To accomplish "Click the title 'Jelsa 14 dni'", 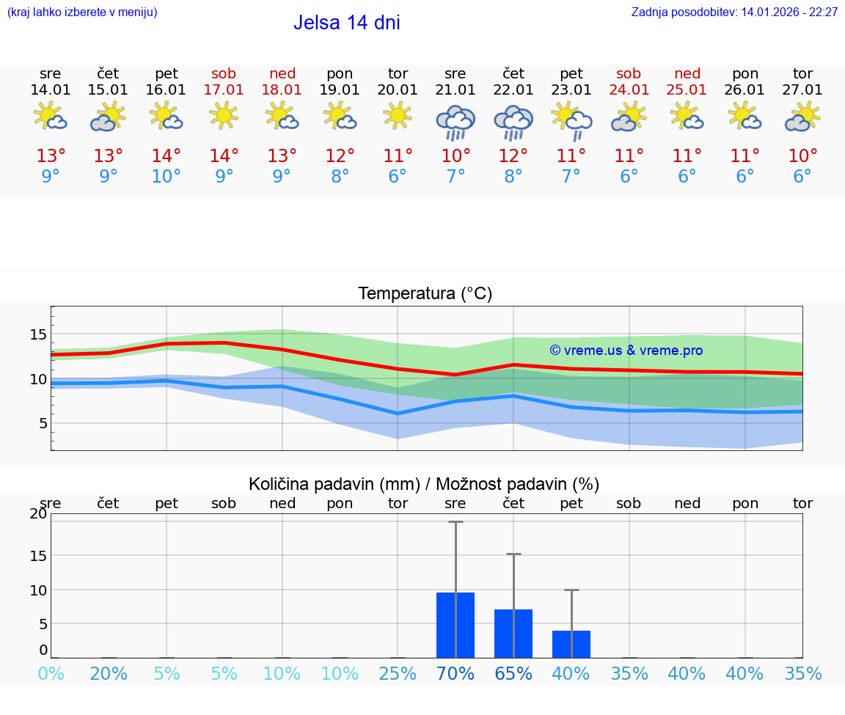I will point(346,23).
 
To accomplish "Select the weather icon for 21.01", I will point(456,122).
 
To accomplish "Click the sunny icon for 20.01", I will point(398,116).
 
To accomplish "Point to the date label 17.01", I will point(224,90).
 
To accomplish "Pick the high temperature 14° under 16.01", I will point(167,156).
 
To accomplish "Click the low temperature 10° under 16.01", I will point(167,177).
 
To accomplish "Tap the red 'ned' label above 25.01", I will point(687,73).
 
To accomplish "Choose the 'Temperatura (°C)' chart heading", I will point(425,294).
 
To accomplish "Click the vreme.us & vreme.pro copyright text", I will point(626,351).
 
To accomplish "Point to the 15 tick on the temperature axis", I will point(39,334).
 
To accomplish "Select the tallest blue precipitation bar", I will point(456,625).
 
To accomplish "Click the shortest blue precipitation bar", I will point(571,644).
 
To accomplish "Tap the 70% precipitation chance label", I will point(456,674).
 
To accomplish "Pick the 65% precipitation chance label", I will point(513,674).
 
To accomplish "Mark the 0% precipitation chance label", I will point(51,674).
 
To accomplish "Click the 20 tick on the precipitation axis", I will point(38,513).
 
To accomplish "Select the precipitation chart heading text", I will point(424,484).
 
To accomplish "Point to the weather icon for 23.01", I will point(571,122).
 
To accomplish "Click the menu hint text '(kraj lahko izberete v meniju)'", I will point(82,12).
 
